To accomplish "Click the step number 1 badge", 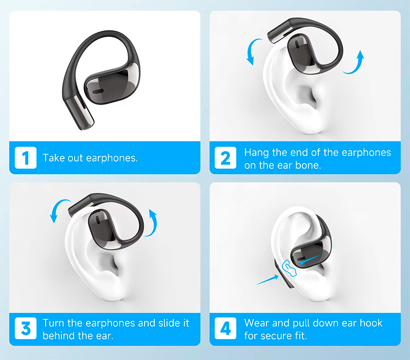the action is [26, 158].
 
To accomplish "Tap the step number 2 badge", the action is [225, 158].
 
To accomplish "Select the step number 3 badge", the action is [26, 328].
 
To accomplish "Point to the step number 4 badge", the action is [225, 328].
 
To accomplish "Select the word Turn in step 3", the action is [54, 323].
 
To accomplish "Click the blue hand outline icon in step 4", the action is [289, 268].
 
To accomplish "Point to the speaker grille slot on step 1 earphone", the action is [98, 91].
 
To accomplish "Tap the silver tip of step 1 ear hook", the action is [80, 113].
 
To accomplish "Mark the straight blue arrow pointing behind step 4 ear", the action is [267, 280].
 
